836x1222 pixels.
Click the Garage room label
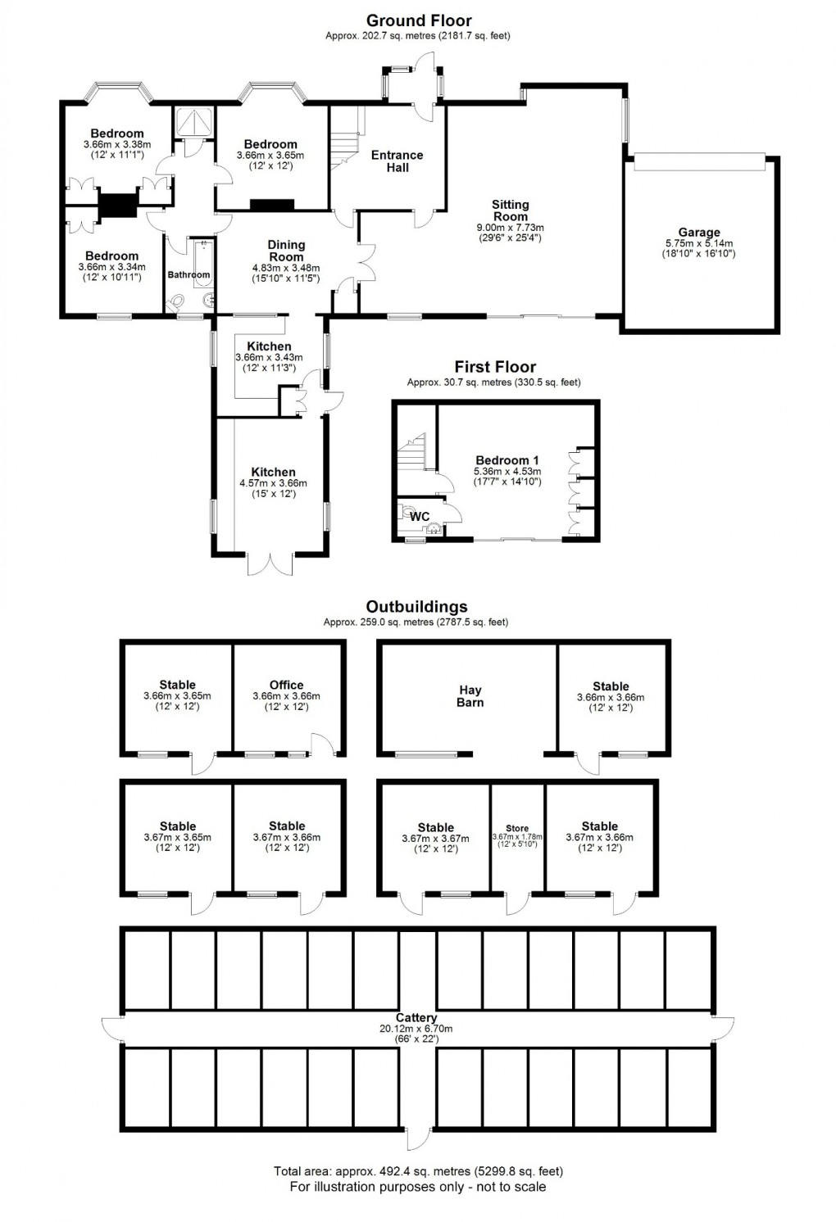tap(698, 233)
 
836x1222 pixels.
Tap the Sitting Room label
tap(510, 210)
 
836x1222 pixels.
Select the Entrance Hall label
tap(397, 161)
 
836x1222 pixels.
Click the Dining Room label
tap(286, 251)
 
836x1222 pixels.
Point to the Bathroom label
tap(189, 274)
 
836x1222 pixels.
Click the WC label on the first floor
tap(420, 517)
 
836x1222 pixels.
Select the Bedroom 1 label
tap(507, 460)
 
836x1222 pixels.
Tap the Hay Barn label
tap(470, 696)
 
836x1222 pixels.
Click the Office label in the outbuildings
tap(286, 685)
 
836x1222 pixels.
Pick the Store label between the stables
tap(517, 828)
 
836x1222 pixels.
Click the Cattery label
tap(416, 1017)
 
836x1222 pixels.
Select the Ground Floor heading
tap(418, 20)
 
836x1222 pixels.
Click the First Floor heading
tap(495, 367)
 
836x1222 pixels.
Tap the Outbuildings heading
tap(416, 607)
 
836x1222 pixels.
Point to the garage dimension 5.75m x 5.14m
tap(698, 243)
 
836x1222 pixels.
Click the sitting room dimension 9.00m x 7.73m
tap(510, 228)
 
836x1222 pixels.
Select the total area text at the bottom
tap(418, 1171)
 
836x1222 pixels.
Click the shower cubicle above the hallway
tap(195, 123)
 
